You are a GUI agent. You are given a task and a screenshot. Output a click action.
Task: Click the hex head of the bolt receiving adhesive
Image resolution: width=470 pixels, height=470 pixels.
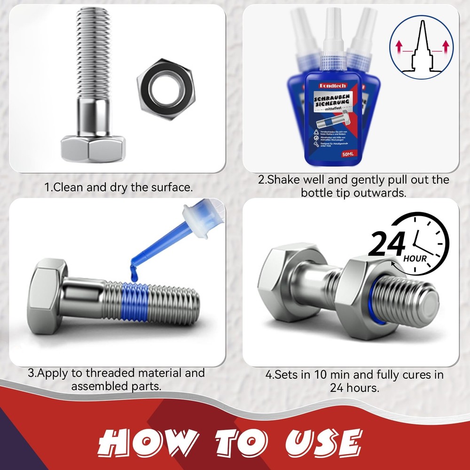[x=47, y=295]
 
